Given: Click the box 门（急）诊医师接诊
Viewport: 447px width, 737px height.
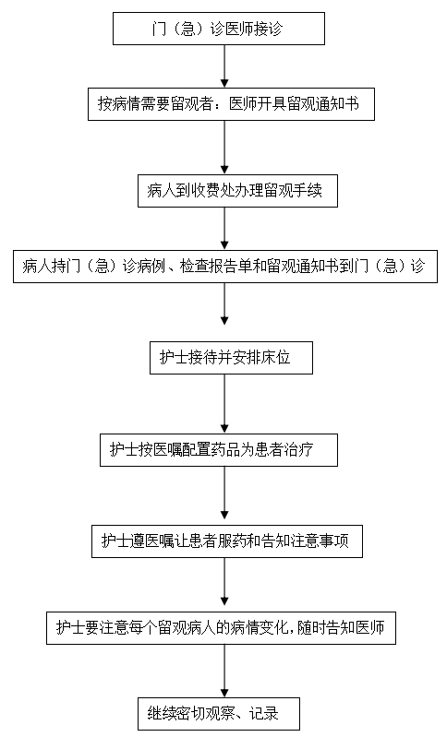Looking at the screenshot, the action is click(219, 29).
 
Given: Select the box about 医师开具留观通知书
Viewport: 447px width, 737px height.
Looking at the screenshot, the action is click(231, 104).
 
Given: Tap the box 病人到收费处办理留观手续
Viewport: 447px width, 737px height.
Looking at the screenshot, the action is click(237, 191).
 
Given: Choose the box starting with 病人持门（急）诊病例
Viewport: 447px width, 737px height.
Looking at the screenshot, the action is click(225, 267).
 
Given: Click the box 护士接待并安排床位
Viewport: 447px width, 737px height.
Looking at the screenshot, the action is click(231, 358).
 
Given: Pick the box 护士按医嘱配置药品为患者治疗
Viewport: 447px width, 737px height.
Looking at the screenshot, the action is click(219, 450).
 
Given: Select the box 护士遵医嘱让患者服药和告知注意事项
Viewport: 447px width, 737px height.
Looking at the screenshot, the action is click(227, 541).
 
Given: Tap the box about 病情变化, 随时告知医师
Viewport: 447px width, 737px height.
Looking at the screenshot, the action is click(221, 628).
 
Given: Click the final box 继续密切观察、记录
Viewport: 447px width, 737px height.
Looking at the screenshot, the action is click(219, 714).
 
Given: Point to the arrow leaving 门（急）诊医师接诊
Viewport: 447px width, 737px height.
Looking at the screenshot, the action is click(224, 66).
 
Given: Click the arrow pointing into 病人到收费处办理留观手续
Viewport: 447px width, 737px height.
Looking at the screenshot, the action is click(224, 148).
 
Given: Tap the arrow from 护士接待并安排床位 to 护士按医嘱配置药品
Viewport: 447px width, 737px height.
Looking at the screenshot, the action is click(224, 404).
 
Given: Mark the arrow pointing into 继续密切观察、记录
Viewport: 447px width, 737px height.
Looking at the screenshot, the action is click(224, 671).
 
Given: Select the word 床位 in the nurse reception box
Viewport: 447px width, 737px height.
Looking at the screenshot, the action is click(277, 358).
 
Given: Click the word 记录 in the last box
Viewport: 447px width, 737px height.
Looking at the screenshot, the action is click(264, 714).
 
